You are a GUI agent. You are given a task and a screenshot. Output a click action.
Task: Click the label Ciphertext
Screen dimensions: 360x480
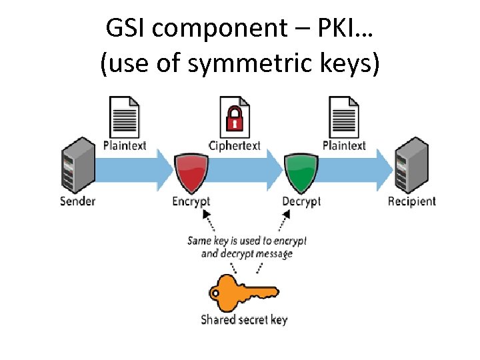tap(235, 145)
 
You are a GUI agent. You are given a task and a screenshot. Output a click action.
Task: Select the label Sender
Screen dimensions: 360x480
tap(77, 201)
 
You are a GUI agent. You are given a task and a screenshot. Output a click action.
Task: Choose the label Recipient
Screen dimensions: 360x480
tap(411, 201)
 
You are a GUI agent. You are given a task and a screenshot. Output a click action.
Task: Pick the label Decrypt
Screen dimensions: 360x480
tap(301, 201)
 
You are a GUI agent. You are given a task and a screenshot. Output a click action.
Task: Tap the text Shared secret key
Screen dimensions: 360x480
tap(244, 319)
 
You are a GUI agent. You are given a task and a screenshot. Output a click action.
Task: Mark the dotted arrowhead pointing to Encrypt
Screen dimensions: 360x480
tap(205, 215)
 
